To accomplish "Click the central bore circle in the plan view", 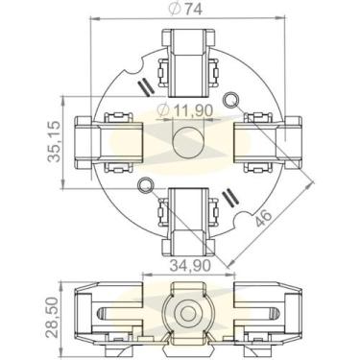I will coord(184,141).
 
